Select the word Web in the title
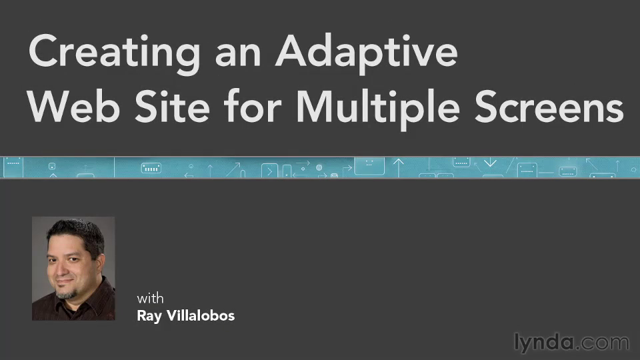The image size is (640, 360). [x=73, y=107]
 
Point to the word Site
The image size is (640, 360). [x=172, y=107]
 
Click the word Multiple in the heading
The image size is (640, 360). [x=378, y=109]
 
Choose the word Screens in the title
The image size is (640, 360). [x=549, y=107]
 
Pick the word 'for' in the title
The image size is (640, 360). [x=253, y=106]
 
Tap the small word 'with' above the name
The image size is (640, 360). [x=150, y=299]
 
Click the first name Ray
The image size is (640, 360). [x=149, y=316]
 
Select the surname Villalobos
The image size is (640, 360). [x=201, y=315]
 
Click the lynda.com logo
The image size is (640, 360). [x=571, y=343]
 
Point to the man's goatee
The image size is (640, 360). [x=67, y=293]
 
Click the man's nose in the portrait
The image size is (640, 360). [x=63, y=268]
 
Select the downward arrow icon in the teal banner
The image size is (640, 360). [x=490, y=163]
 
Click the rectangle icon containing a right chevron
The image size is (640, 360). [x=269, y=171]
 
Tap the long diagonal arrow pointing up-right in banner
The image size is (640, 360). [x=233, y=169]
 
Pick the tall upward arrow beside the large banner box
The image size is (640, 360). [x=399, y=168]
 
